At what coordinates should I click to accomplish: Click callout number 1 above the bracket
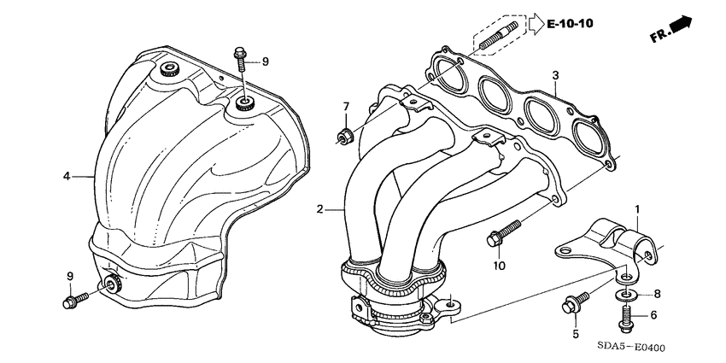(636, 208)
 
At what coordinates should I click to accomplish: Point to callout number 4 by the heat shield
(65, 177)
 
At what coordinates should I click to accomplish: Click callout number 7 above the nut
(347, 106)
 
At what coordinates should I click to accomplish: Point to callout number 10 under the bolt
(500, 265)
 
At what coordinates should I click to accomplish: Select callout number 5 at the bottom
(575, 333)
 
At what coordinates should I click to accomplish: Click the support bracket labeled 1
(611, 243)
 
